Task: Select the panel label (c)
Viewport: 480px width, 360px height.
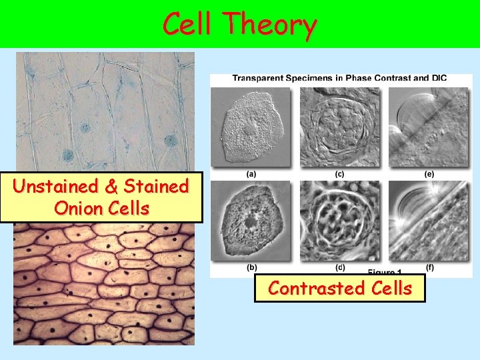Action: click(x=340, y=175)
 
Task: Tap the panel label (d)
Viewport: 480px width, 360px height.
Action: click(x=340, y=268)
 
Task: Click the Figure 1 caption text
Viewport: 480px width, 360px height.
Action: click(x=385, y=273)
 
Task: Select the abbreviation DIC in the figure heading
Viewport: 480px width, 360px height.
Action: click(x=438, y=78)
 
